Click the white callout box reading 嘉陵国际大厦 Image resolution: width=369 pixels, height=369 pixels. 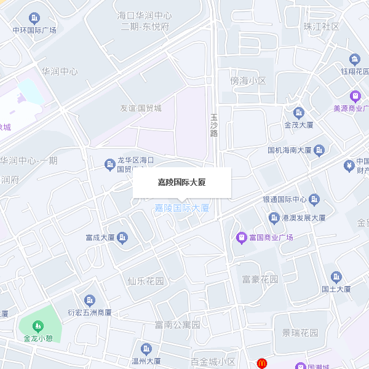pos(181,183)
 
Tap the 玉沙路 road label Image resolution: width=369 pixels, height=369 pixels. pos(214,125)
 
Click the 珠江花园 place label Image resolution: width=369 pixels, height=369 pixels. pos(321,26)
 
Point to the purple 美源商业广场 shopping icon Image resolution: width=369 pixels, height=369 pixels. pos(355,96)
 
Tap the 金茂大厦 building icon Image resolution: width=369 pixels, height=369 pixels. pos(299,113)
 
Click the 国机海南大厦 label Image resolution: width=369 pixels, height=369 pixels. pos(290,150)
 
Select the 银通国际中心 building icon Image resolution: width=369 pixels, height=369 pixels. pos(314,199)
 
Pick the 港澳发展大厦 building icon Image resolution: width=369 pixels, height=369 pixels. pos(274,218)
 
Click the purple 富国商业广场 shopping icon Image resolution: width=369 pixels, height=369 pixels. pos(242,237)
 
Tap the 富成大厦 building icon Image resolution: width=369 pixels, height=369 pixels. pos(122,237)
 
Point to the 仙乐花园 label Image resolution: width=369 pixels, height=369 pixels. pos(146,281)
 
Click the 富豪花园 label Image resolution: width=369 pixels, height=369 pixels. pos(260,280)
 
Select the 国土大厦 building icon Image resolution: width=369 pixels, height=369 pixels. pos(336,277)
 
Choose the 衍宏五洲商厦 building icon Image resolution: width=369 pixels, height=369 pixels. pos(90,300)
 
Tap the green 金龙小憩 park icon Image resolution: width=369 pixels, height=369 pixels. pos(38,325)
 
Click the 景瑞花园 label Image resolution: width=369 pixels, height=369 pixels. pos(300,333)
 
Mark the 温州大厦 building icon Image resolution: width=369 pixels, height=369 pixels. pos(146,349)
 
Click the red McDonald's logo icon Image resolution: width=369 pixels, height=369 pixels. pos(262,363)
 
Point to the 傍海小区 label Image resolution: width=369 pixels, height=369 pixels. pos(248,81)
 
